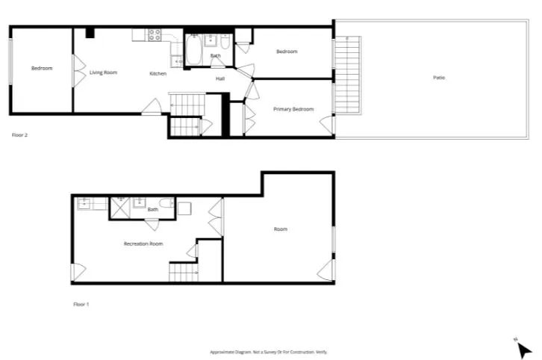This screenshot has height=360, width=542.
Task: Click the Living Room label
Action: (104, 72)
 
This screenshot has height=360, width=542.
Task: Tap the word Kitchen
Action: (158, 73)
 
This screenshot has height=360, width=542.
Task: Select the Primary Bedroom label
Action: (293, 109)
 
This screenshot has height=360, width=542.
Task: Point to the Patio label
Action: (439, 78)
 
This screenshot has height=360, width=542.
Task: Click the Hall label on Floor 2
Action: (220, 78)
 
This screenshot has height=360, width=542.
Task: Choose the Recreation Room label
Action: (143, 243)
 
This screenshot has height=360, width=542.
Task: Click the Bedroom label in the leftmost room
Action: (42, 69)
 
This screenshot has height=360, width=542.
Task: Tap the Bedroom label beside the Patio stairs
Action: (287, 52)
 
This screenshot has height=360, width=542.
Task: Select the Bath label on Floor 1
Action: (152, 209)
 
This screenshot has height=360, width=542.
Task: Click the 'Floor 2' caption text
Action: (20, 135)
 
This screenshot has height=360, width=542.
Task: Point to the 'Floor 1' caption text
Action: (81, 304)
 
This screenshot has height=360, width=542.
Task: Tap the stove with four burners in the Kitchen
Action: (155, 34)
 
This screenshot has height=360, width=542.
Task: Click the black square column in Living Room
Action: (89, 32)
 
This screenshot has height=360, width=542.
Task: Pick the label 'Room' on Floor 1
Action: (280, 229)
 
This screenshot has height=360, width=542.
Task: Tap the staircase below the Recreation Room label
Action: (183, 273)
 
